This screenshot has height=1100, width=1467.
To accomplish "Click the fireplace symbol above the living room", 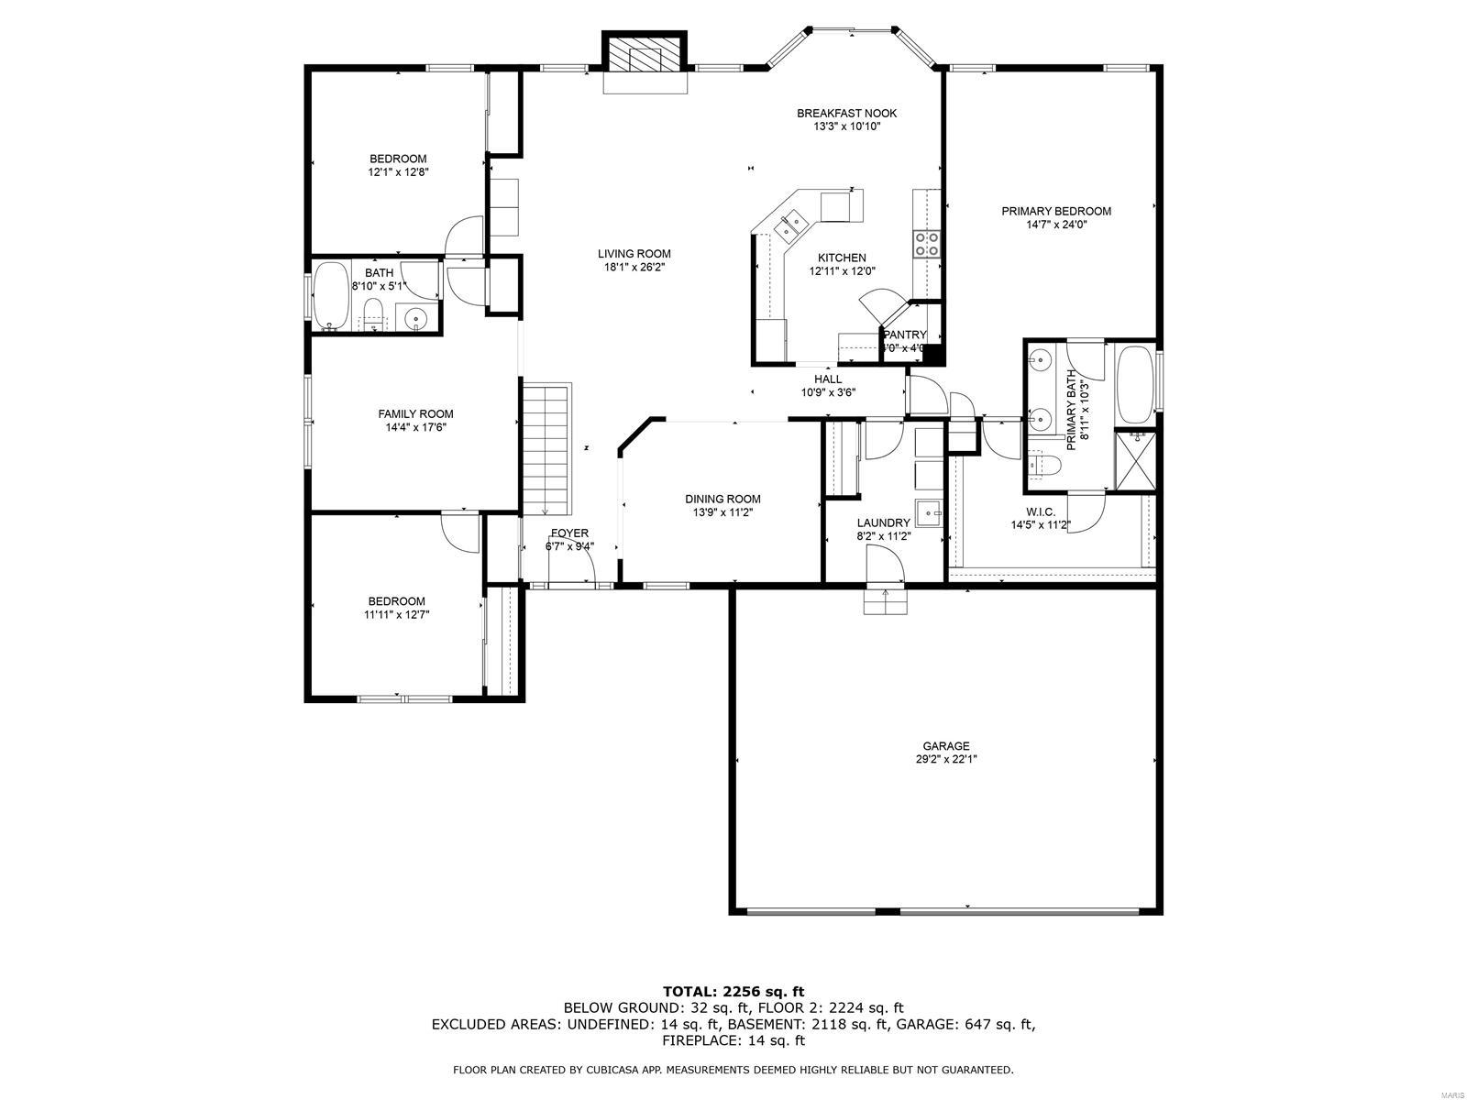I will tap(645, 56).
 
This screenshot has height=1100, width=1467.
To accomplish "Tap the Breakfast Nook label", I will tap(846, 114).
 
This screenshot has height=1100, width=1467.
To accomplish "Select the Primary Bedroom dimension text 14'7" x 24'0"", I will tap(1056, 225).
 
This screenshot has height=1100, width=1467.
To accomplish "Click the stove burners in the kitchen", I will tap(926, 243).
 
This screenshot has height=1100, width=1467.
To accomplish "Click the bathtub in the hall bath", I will tap(330, 296).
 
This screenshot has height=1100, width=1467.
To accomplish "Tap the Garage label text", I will tap(946, 746).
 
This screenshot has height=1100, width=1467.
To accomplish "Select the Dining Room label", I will tap(722, 500).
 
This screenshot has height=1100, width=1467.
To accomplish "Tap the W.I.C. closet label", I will tap(1041, 511).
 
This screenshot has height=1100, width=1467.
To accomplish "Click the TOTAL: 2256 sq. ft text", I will tap(733, 991).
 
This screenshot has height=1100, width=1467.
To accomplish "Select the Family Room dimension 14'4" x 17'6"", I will tap(415, 427).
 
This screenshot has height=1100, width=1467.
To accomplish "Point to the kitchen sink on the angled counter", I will tap(789, 222).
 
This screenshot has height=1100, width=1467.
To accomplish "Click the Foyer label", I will tap(569, 533).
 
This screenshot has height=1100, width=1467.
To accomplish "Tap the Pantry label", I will tap(905, 335).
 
